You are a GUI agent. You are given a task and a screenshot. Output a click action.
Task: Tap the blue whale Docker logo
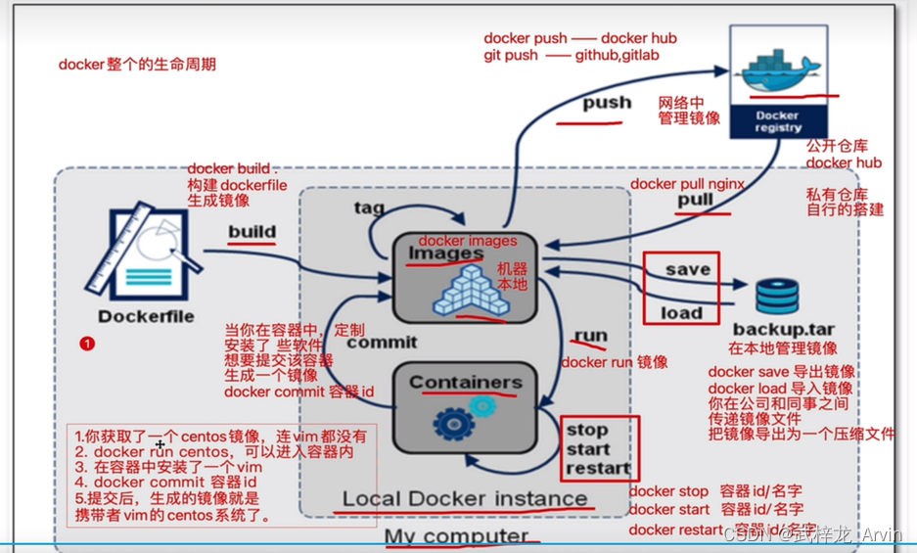[x=777, y=70]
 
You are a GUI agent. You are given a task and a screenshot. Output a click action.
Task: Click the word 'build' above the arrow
[x=252, y=232]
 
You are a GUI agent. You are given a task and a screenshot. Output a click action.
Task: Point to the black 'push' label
[x=607, y=103]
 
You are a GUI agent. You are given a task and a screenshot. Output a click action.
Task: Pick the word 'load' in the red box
[x=681, y=312]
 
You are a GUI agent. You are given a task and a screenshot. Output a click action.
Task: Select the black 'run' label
[x=590, y=336]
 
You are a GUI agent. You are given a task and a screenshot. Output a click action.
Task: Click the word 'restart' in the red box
[x=599, y=467]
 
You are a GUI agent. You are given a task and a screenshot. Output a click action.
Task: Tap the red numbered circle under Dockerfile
[x=88, y=344]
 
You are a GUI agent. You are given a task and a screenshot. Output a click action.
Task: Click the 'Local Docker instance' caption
[x=464, y=499]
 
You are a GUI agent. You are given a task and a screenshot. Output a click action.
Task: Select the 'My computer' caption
[x=455, y=536]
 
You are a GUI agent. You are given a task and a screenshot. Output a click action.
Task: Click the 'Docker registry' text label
[x=778, y=121]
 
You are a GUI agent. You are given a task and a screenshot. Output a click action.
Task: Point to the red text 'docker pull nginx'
[x=687, y=184]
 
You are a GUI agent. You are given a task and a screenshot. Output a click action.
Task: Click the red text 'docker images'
[x=467, y=241]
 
